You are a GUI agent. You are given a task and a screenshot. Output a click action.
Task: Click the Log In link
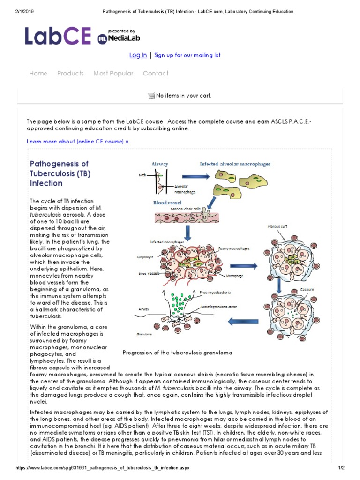[138, 55]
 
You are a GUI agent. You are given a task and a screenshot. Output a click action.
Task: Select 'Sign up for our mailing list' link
[187, 55]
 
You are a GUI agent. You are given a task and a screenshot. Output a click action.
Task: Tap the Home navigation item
[38, 74]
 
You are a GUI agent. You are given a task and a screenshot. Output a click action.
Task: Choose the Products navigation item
[70, 74]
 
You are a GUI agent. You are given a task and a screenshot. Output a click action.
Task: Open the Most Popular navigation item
[113, 74]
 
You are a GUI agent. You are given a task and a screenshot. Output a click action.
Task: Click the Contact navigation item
[156, 74]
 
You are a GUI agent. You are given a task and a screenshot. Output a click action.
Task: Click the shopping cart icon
[151, 96]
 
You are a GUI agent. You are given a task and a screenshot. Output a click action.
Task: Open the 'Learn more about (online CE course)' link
[77, 141]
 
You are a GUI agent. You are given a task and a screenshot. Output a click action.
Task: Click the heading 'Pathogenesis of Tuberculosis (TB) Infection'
[60, 173]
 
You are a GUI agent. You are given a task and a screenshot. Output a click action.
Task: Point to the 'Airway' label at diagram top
[159, 165]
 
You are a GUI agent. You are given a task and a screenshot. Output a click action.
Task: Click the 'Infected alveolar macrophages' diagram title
[235, 164]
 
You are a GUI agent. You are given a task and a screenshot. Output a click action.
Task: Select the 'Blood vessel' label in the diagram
[167, 202]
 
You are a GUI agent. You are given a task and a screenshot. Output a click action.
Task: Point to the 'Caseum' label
[307, 290]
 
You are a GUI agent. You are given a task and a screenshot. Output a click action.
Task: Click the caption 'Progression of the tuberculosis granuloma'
[177, 352]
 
